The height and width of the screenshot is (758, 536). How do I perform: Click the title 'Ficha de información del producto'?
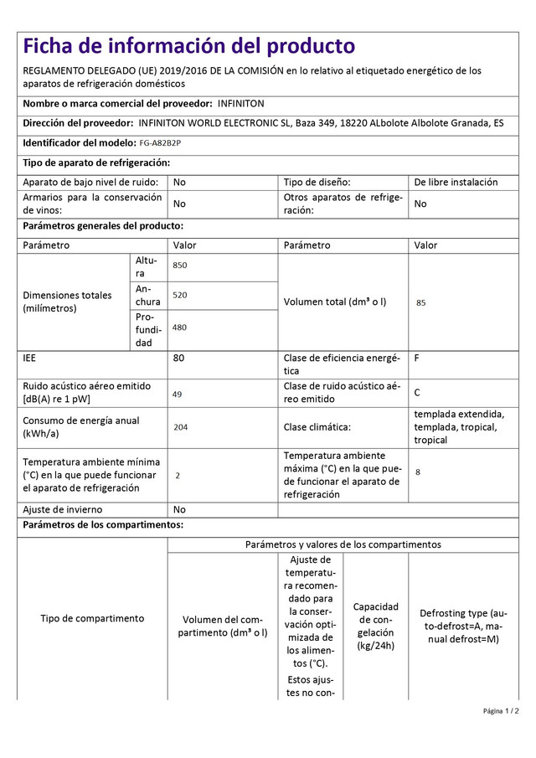click(188, 45)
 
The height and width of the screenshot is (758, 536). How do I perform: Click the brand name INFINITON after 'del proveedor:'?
click(240, 103)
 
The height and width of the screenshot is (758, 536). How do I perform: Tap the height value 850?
click(180, 266)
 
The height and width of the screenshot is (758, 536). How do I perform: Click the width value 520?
click(180, 296)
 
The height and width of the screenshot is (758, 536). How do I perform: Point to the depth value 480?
click(180, 327)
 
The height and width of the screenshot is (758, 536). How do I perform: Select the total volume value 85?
click(420, 302)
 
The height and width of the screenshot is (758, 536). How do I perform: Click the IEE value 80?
click(179, 358)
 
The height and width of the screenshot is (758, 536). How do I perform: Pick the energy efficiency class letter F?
click(417, 358)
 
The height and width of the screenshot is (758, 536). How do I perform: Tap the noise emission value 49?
click(178, 394)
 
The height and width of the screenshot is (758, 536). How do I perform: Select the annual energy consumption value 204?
click(180, 427)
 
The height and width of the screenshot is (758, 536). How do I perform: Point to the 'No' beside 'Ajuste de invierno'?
click(179, 509)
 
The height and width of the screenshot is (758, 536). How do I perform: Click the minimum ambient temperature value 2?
click(178, 475)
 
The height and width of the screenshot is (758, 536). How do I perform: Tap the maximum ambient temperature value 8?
click(418, 472)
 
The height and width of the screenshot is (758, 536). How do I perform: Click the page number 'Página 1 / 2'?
click(501, 711)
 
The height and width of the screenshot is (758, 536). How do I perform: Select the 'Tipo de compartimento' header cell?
click(92, 618)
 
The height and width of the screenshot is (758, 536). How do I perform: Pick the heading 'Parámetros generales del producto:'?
click(103, 225)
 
